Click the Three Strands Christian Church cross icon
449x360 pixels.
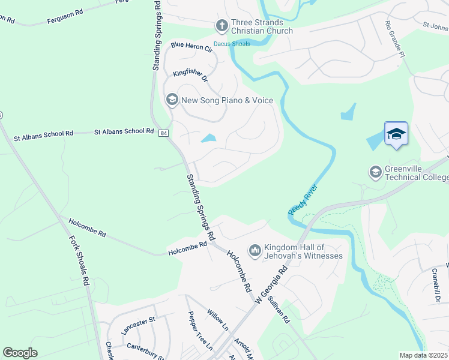221,25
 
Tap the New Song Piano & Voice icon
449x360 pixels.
172,100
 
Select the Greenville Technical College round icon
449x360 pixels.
376,172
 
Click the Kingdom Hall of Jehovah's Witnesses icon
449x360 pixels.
255,250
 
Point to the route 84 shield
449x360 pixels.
163,133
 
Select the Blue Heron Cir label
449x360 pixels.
191,46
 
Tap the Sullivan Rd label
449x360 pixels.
279,309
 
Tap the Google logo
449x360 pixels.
20,353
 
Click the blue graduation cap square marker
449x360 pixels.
396,133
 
